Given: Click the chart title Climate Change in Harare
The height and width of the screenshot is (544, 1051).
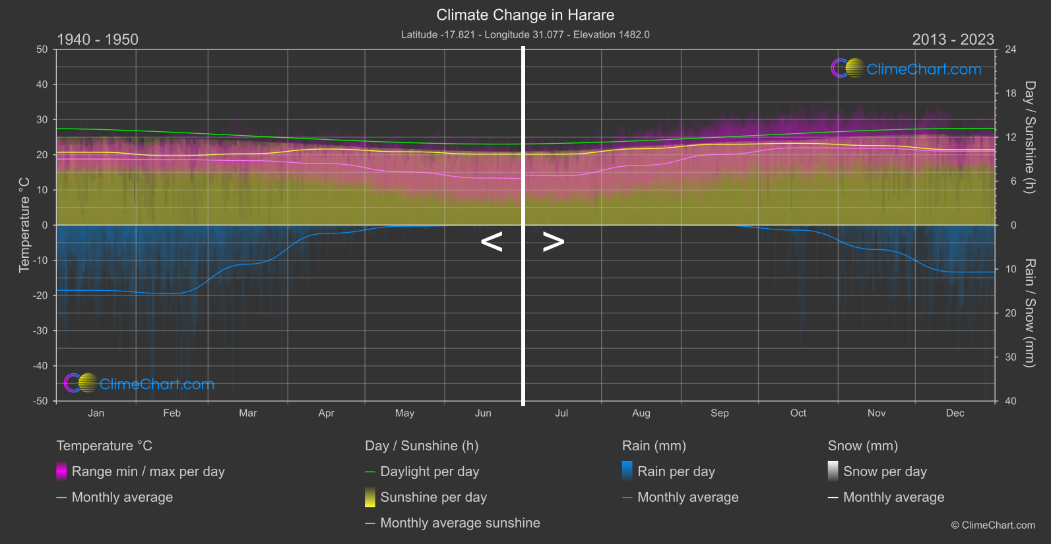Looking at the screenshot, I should tap(525, 15).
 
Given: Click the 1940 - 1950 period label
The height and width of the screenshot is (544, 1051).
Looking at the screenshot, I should tap(98, 40).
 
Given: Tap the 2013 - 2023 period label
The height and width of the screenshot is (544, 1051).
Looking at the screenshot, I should tap(953, 40).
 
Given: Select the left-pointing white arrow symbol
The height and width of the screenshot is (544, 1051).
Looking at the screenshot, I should tap(492, 242).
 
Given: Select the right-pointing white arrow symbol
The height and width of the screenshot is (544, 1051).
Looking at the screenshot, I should tap(553, 242).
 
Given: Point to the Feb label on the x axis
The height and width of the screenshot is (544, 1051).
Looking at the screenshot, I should tap(172, 413).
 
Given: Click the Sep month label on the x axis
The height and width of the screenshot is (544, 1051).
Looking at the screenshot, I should tap(719, 413).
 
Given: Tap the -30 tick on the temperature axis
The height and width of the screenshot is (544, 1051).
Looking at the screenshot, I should tap(41, 330).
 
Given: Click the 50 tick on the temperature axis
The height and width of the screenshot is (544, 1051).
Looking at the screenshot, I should tap(42, 49).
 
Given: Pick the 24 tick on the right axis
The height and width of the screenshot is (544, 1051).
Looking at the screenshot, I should tap(1010, 49).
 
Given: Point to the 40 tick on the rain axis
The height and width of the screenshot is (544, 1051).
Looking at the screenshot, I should tap(1010, 401).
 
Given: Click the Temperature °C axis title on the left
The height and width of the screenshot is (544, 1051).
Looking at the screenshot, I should tap(24, 225).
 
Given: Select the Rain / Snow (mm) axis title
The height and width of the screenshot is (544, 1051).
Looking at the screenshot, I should tap(1029, 313).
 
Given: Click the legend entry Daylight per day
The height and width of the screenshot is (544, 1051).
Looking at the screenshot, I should tap(430, 471).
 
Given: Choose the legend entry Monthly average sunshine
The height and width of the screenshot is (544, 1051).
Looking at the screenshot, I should tap(460, 523).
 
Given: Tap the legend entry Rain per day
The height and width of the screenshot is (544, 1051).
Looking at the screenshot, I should tap(676, 471).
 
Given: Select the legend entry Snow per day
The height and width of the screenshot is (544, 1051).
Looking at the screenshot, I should tap(885, 471).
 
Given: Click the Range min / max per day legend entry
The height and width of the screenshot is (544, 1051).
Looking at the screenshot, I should tap(148, 471).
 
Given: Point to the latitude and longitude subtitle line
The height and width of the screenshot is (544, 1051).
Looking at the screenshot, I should tap(525, 34).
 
